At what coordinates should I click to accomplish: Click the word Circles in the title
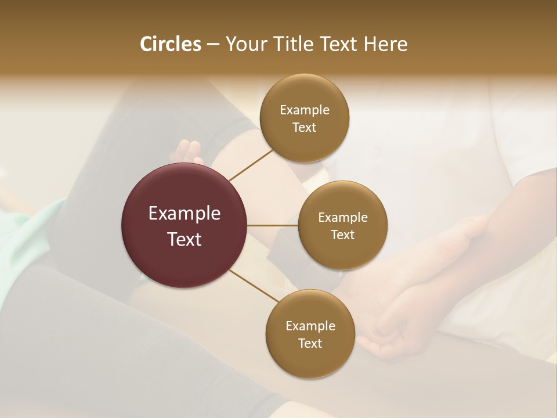170,44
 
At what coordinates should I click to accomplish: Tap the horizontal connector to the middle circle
273,225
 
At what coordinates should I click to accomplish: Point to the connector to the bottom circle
254,286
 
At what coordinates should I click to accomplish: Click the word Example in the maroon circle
185,214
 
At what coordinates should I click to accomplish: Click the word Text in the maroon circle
185,239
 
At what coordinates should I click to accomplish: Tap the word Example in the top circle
305,110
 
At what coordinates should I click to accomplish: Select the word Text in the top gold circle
305,128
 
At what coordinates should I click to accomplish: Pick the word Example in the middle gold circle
343,218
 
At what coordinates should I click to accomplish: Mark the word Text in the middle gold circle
343,235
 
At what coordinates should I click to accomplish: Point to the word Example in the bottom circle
310,326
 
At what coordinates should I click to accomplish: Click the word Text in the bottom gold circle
310,344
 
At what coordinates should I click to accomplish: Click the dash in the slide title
213,45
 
